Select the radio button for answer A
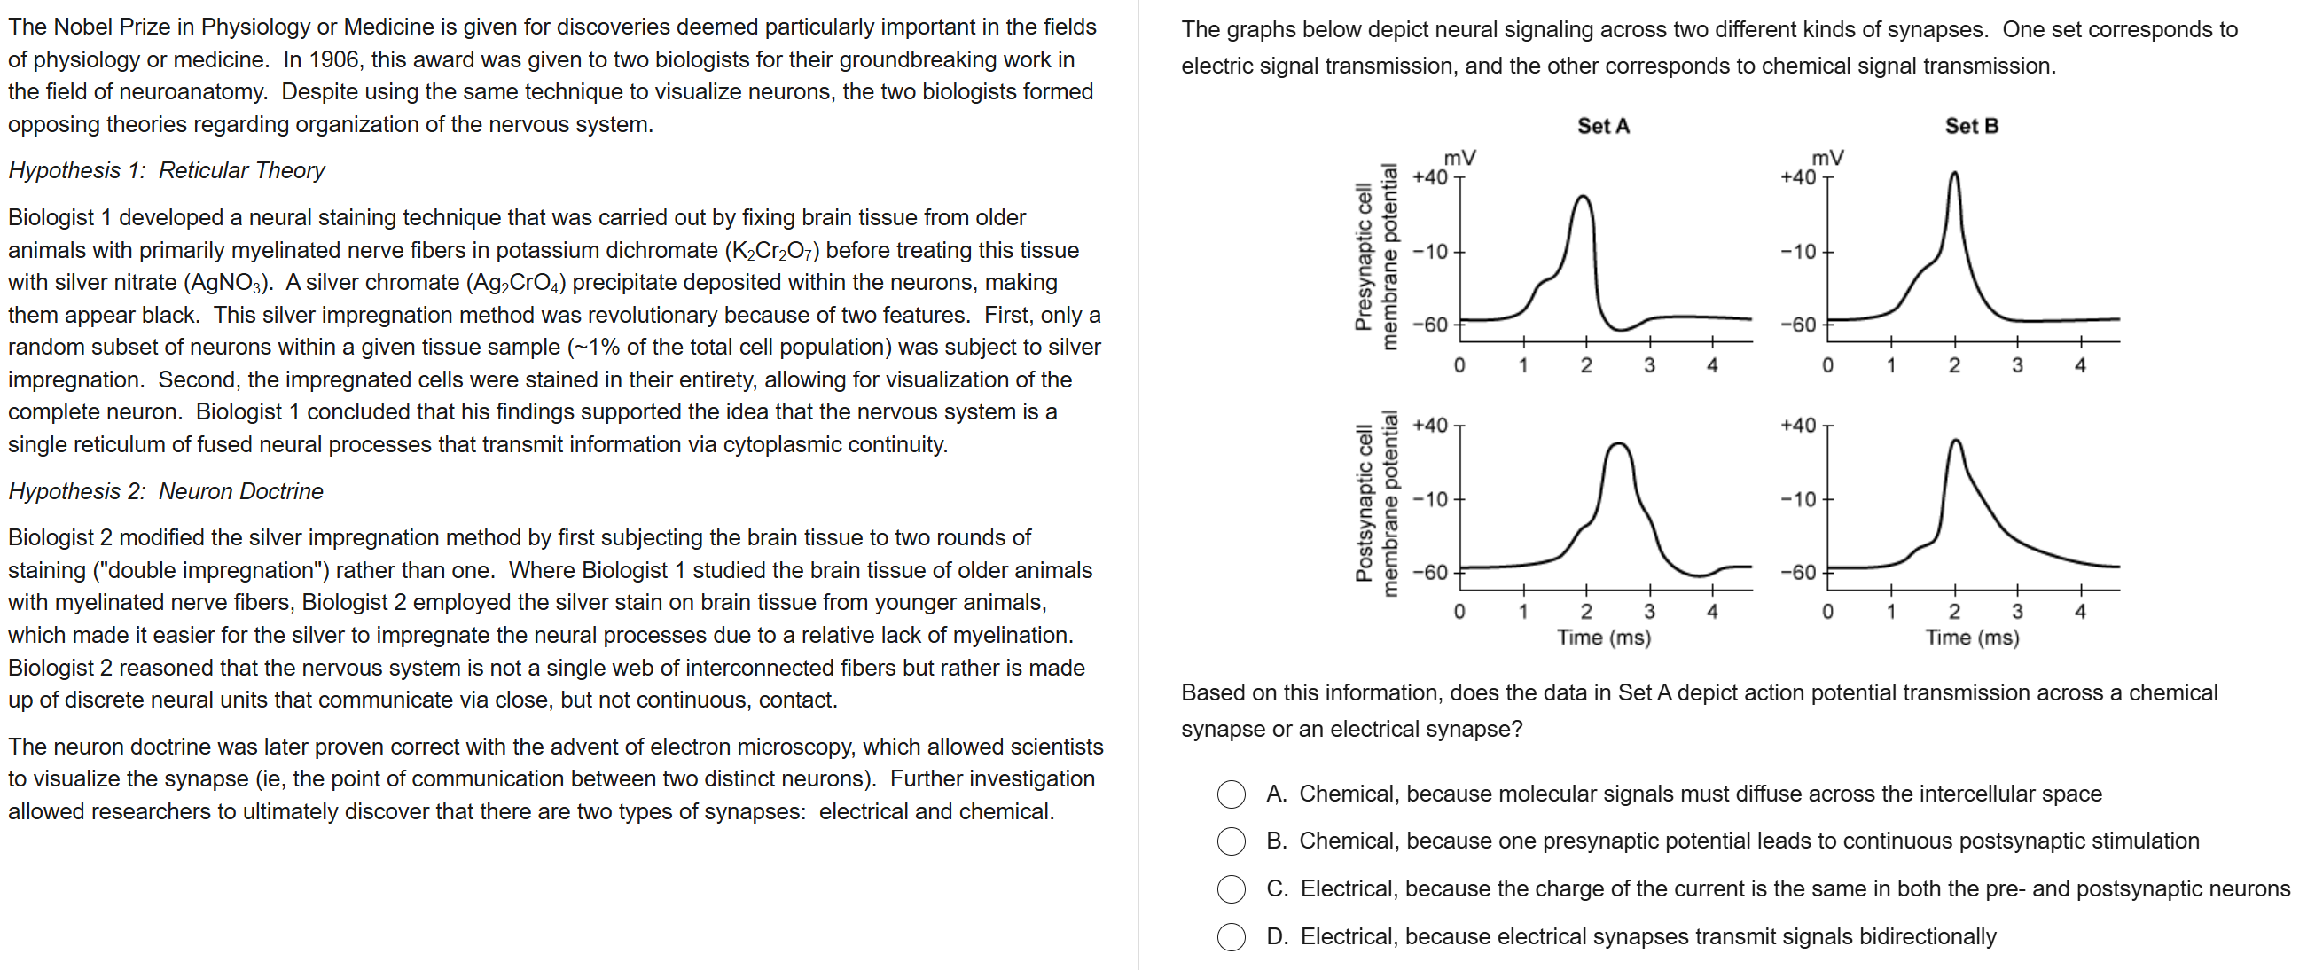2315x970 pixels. [1232, 794]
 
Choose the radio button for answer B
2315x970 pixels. [1232, 841]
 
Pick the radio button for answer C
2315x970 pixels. [1232, 889]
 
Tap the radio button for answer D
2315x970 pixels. [1232, 936]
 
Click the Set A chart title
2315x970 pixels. [1603, 126]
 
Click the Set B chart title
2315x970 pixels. [1972, 126]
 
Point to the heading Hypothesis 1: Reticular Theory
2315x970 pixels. [167, 171]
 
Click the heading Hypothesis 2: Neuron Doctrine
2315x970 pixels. [165, 492]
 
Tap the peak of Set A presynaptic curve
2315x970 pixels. [1583, 196]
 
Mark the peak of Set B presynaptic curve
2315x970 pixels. [1954, 173]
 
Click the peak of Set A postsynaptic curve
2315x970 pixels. [1618, 443]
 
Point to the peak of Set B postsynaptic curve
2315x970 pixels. [1956, 440]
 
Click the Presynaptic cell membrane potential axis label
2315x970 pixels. [1377, 257]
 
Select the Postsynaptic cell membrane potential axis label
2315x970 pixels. [1377, 504]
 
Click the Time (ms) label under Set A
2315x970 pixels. [1603, 638]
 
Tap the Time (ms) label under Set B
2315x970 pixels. [1972, 638]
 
